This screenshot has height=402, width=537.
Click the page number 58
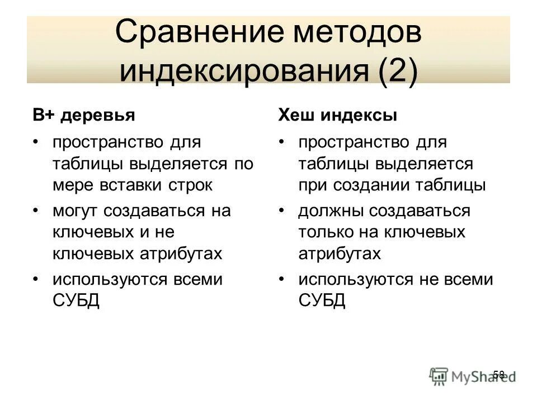point(499,374)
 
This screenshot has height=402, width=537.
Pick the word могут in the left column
point(76,211)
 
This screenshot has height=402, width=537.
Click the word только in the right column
point(324,232)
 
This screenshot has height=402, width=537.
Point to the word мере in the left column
point(72,185)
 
